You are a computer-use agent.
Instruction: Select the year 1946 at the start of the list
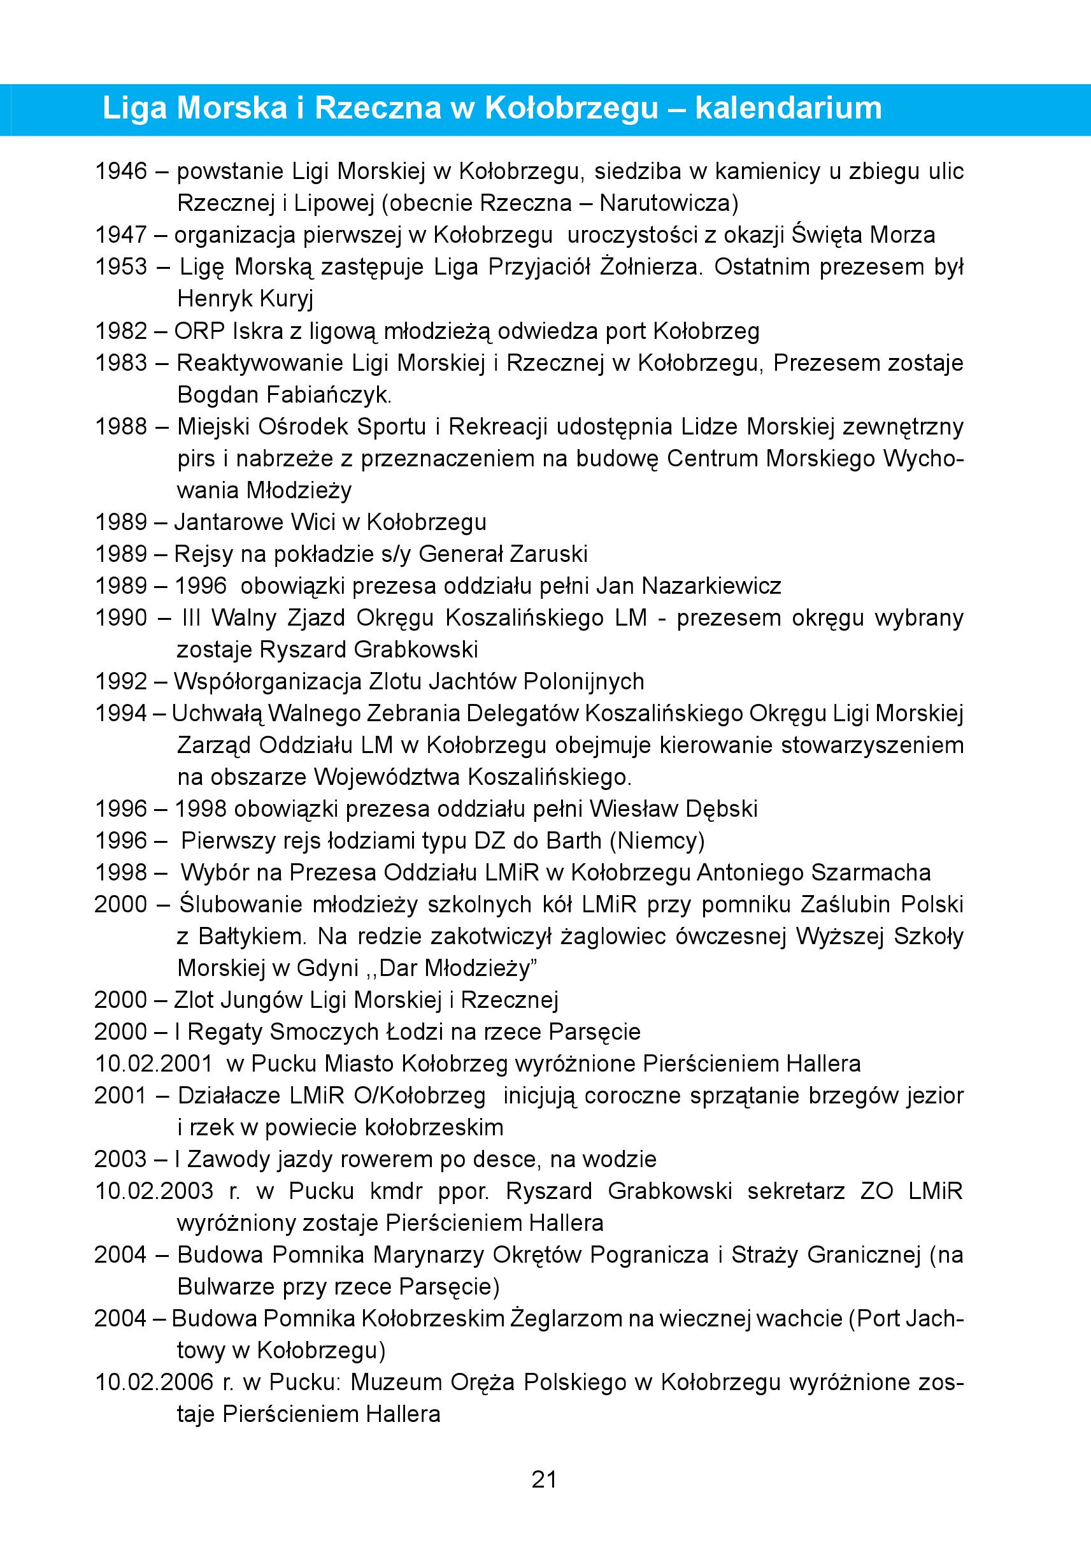[121, 171]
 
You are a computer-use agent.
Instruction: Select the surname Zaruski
[549, 554]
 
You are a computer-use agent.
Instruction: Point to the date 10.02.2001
[153, 1064]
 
